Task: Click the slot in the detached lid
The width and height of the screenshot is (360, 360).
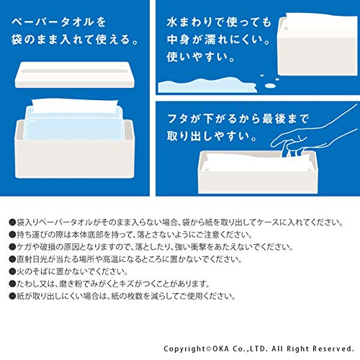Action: (x=74, y=71)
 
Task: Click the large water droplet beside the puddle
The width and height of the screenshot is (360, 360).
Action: (x=270, y=85)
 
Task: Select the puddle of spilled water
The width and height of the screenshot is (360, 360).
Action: (x=207, y=85)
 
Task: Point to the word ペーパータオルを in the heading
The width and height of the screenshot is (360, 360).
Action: (x=58, y=22)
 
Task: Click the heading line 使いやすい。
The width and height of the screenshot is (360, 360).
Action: (x=201, y=57)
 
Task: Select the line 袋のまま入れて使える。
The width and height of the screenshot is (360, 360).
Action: (x=75, y=40)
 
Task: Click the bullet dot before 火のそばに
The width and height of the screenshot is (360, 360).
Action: (x=12, y=271)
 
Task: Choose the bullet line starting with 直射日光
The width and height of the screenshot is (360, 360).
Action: (x=125, y=259)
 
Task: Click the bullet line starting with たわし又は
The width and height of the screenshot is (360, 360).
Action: (x=109, y=284)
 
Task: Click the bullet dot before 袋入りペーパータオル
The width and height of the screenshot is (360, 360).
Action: (x=12, y=222)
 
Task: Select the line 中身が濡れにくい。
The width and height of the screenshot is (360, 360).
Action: (x=219, y=40)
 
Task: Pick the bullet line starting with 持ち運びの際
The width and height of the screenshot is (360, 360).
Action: (x=131, y=235)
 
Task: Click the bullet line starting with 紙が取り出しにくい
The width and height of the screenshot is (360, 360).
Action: (x=122, y=296)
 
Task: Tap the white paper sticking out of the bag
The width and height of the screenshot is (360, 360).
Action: (x=75, y=106)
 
